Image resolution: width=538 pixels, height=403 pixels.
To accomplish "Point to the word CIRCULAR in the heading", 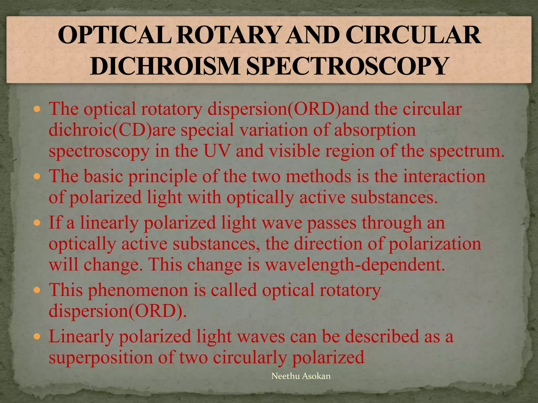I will (x=413, y=36).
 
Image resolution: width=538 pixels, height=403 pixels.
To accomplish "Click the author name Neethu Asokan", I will (x=301, y=376).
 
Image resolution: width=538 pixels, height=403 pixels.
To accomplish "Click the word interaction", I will (x=444, y=176).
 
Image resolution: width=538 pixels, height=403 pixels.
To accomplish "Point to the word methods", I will (x=318, y=176).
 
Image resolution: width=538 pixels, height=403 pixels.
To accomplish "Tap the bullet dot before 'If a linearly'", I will (x=37, y=223).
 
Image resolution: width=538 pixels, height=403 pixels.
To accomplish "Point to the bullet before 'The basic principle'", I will (x=37, y=176).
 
